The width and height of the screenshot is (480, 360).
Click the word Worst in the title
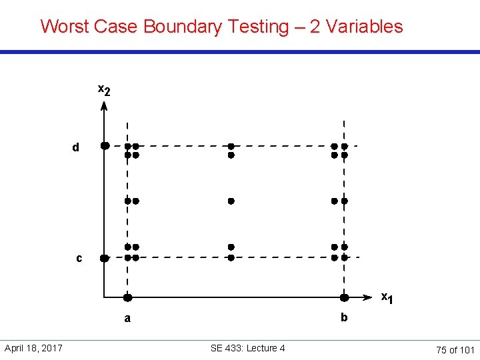point(63,27)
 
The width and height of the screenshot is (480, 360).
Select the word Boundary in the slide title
point(181,27)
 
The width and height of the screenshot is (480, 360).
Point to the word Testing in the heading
point(257,27)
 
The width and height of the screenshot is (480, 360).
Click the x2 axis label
point(104,90)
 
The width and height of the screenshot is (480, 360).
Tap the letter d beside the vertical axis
point(75,147)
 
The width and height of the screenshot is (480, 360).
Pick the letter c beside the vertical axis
point(79,258)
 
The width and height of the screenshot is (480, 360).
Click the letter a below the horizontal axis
point(127,319)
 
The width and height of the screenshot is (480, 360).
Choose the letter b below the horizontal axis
point(344,317)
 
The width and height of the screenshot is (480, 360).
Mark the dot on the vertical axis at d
point(105,145)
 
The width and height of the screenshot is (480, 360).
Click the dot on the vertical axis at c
point(104,258)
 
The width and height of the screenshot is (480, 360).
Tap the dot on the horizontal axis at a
point(127,297)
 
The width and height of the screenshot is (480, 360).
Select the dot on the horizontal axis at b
point(345,297)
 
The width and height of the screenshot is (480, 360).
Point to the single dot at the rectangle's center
point(231,200)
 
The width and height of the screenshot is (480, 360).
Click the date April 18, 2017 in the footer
point(33,348)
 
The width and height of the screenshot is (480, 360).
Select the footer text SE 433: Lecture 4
point(247,348)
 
